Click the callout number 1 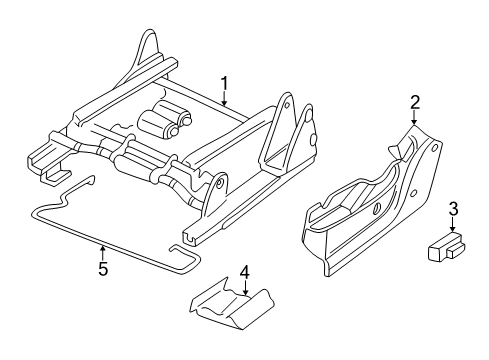coord(226,84)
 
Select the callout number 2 coord(414,100)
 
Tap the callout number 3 coord(453,237)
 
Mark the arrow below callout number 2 coord(414,116)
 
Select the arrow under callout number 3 coord(453,252)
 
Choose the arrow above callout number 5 coord(103,252)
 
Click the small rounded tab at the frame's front coord(213,187)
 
